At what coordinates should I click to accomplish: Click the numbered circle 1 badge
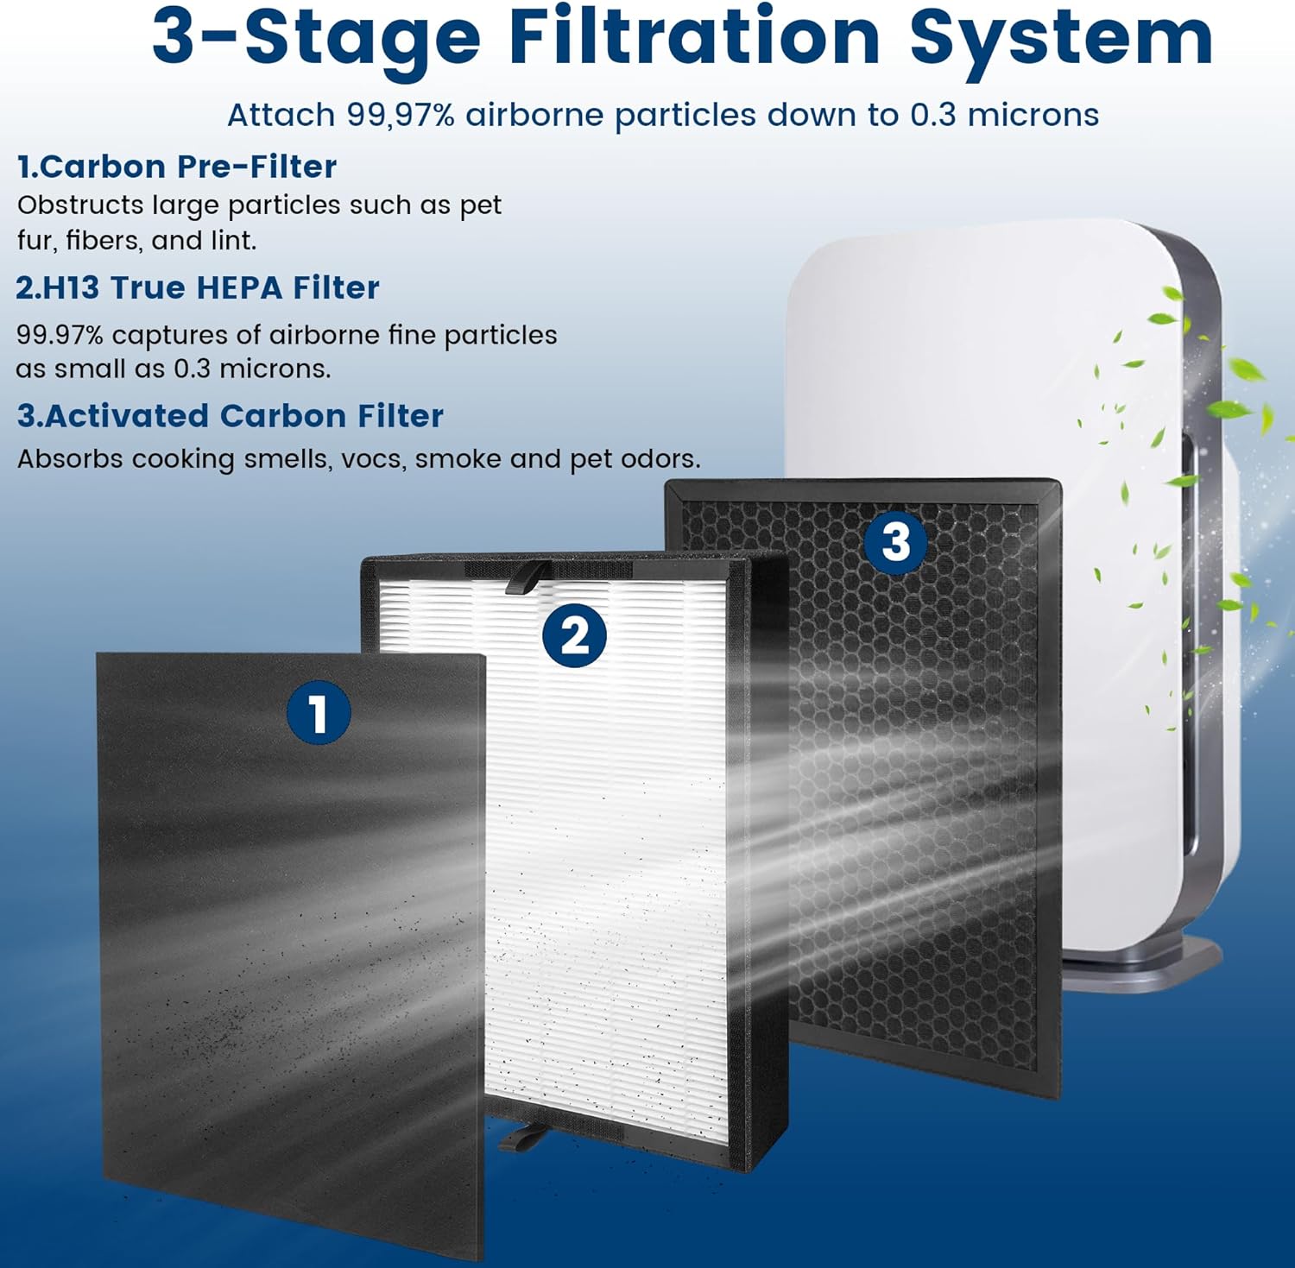tap(319, 714)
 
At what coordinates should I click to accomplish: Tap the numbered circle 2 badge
tap(574, 636)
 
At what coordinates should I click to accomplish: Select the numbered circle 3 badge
tap(896, 542)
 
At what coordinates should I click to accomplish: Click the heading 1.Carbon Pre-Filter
tap(177, 167)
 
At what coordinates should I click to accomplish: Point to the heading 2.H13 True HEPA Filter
tap(198, 288)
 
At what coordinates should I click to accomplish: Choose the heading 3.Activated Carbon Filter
tap(231, 416)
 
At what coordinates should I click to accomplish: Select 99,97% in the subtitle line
tap(401, 115)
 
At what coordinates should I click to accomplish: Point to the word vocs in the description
tap(373, 459)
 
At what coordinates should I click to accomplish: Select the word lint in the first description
tap(232, 240)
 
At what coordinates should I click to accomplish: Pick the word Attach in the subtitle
tap(281, 115)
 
